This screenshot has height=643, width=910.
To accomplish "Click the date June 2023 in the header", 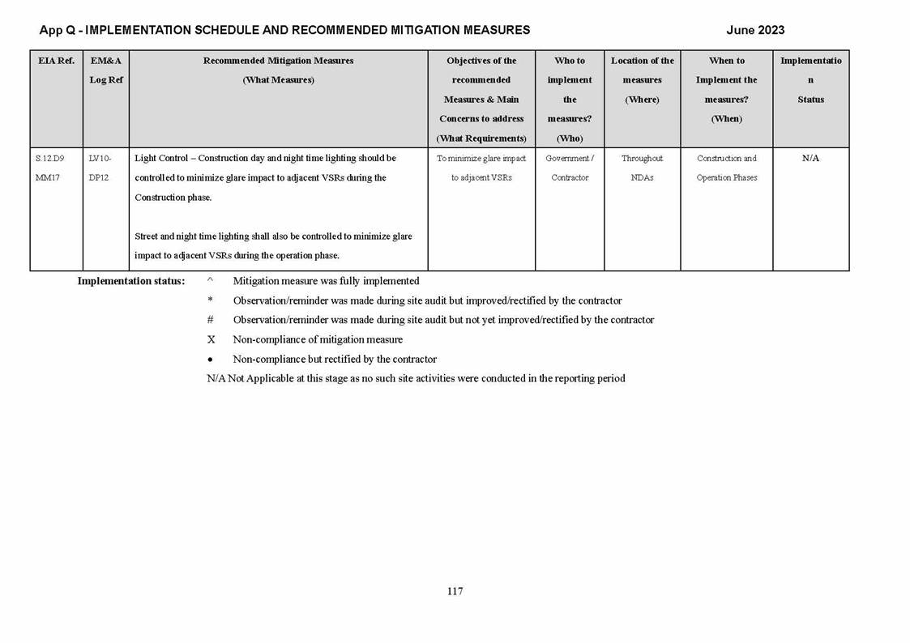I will pos(754,30).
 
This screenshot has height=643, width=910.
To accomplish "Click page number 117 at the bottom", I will pos(455,591).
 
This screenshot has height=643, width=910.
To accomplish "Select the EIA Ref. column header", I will pos(56,61).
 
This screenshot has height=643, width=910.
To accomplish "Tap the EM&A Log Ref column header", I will pos(106,70).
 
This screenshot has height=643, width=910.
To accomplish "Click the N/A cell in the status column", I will pos(810,159).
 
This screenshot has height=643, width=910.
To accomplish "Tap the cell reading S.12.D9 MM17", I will pos(50,168).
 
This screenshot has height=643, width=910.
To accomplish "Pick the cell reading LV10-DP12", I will pos(100,168).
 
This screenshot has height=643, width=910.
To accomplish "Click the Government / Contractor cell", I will pos(570,168).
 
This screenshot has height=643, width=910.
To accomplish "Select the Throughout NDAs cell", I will pos(642,168).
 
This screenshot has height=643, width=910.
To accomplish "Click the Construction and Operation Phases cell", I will pos(727,168).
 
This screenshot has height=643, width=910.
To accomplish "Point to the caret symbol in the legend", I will pos(211,281).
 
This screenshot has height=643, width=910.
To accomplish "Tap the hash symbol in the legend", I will pos(211,320).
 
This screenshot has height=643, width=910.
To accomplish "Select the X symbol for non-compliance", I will pos(211,339).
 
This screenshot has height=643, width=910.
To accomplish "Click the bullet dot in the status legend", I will pos(211,360).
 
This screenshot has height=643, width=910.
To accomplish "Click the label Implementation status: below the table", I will pos(130,281).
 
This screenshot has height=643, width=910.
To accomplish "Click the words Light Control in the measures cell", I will pos(161,158).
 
